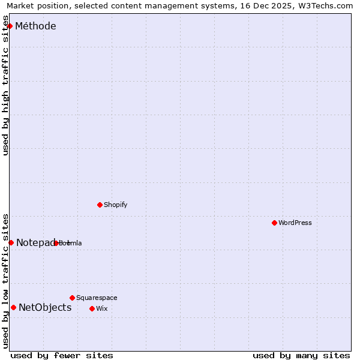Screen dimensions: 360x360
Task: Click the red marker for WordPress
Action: pos(274,223)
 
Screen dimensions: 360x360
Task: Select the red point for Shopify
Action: pos(100,205)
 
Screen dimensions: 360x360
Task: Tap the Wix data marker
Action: pos(92,308)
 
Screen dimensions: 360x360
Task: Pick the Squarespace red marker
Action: pos(72,298)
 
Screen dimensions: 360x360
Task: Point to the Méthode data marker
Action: pos(10,26)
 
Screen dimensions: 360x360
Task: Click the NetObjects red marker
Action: pos(13,308)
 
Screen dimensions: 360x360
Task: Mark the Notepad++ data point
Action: pos(11,242)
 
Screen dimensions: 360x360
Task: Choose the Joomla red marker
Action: pos(56,243)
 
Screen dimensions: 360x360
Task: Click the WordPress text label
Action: pos(295,223)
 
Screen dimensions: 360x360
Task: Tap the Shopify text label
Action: pos(116,205)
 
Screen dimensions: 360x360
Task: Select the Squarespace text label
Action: pos(97,298)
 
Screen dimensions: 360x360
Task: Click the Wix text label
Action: pos(101,308)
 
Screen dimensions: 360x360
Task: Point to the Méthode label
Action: pos(35,26)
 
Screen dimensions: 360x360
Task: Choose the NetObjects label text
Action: pos(45,308)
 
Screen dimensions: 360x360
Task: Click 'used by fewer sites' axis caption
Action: pos(62,355)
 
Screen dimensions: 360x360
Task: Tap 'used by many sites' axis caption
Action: pos(301,355)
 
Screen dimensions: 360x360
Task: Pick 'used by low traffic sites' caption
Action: pos(6,281)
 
